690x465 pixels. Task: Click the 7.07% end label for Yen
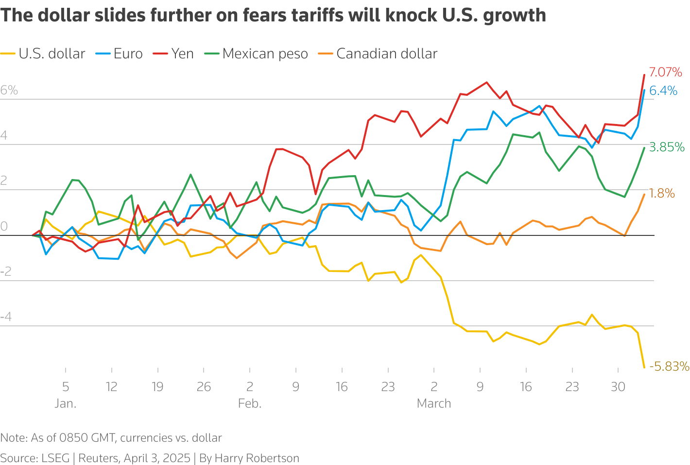pos(665,72)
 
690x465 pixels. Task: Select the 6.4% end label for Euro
pos(663,90)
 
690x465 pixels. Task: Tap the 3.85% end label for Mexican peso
pos(667,147)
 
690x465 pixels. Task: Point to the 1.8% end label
pos(662,193)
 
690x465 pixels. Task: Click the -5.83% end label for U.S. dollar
pos(669,366)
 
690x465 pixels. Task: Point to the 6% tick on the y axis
pos(9,90)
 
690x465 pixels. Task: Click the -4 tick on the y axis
pos(6,317)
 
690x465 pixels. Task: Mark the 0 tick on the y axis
pos(4,226)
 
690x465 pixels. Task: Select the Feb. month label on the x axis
pos(250,403)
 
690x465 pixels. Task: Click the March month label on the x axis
pos(434,403)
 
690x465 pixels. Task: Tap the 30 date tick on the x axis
pos(618,387)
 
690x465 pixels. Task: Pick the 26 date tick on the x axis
pos(204,387)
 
